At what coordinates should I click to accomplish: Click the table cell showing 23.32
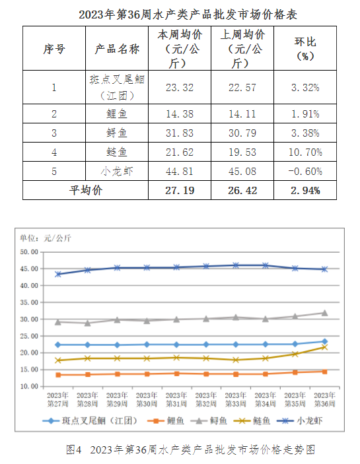point(180,88)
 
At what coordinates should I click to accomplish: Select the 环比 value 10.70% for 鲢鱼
point(305,152)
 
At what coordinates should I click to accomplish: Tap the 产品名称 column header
point(117,49)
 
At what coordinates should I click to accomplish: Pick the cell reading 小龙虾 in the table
point(117,172)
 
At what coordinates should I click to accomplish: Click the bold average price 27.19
point(180,190)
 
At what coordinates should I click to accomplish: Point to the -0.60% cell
point(305,172)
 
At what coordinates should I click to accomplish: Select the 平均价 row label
point(86,190)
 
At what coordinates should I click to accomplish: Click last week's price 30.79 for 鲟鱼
point(242,133)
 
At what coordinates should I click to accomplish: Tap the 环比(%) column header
point(305,49)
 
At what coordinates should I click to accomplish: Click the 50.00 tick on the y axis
point(29,252)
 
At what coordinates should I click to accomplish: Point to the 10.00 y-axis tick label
point(29,387)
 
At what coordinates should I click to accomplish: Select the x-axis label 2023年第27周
point(58,399)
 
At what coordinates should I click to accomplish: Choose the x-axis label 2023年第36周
point(325,399)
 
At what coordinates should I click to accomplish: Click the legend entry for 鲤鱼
point(166,421)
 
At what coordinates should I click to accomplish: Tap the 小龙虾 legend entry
point(300,421)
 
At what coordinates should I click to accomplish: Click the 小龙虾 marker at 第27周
point(58,275)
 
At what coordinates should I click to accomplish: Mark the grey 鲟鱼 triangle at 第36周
point(325,313)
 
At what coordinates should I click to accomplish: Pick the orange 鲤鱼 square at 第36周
point(325,372)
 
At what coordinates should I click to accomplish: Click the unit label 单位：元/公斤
point(46,238)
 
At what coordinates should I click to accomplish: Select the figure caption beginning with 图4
point(190,449)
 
